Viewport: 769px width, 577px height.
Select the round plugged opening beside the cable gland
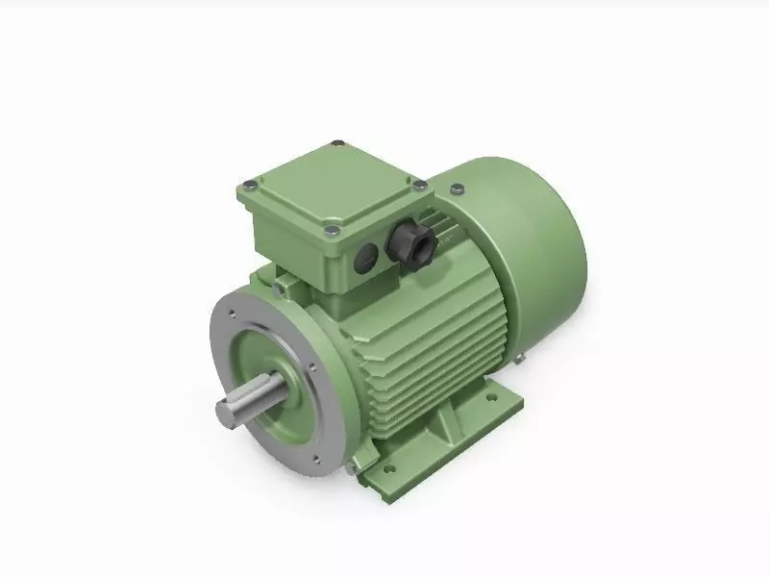click(367, 255)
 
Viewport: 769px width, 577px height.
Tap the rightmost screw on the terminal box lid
click(421, 184)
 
